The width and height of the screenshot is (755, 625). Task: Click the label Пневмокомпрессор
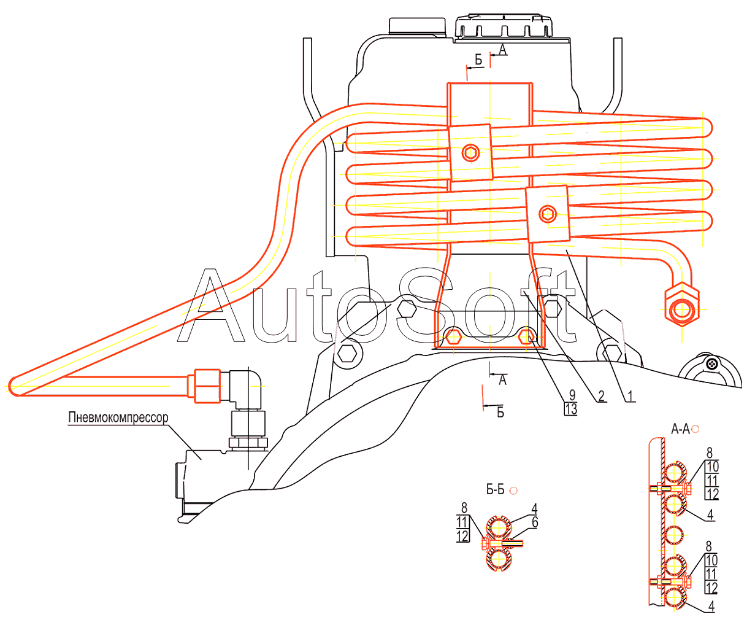click(x=118, y=417)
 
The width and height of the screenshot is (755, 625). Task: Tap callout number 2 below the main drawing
click(x=602, y=396)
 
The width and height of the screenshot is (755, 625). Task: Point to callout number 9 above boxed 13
click(x=571, y=395)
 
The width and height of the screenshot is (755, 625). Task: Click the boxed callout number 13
click(x=571, y=409)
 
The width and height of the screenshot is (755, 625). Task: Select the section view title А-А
click(x=680, y=429)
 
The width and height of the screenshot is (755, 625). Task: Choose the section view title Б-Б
click(x=496, y=489)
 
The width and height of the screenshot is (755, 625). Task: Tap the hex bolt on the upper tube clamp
click(x=471, y=152)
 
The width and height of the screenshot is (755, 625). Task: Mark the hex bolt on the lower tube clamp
click(x=547, y=214)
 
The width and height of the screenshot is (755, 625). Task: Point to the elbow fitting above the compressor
click(x=248, y=387)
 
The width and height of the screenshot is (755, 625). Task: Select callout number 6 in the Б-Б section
click(x=535, y=522)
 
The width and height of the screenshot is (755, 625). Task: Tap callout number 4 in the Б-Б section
click(x=535, y=508)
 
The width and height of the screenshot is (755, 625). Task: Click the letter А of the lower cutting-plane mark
click(x=503, y=381)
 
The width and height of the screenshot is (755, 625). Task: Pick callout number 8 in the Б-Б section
click(x=464, y=508)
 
